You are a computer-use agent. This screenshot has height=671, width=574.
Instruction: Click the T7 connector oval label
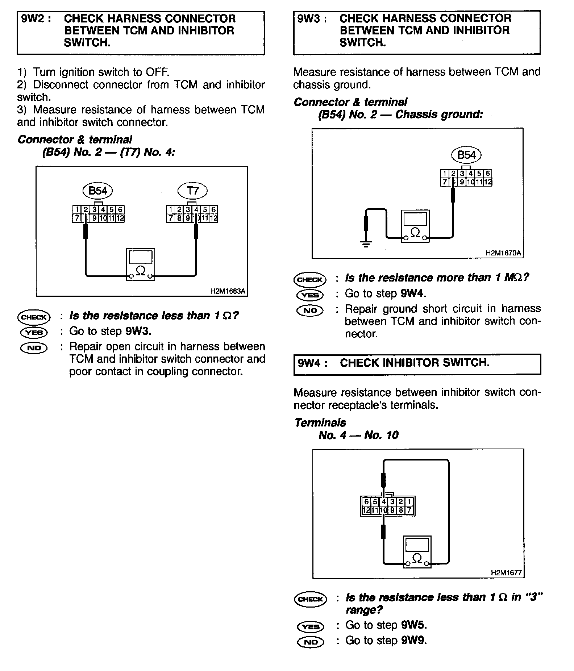[193, 191]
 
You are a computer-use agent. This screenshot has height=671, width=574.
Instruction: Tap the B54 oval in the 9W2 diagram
[98, 191]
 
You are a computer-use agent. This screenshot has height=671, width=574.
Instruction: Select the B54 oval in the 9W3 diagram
[466, 155]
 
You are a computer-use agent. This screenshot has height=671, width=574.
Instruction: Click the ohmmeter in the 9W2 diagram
[141, 264]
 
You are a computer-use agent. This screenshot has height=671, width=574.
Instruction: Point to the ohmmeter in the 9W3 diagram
[415, 226]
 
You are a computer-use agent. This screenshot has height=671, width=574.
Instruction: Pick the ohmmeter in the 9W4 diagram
[417, 552]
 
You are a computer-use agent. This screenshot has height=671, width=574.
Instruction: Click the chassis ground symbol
[366, 243]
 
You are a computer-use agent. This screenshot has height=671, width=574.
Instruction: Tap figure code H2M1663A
[228, 291]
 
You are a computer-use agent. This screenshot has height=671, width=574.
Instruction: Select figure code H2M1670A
[503, 253]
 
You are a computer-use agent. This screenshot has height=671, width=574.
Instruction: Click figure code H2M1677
[506, 573]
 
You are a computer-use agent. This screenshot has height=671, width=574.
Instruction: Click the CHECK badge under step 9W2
[34, 317]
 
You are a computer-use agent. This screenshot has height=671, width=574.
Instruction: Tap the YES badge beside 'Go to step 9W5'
[311, 626]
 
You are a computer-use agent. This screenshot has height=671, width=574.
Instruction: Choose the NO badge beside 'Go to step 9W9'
[311, 642]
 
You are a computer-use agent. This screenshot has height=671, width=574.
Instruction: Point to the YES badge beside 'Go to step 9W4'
[310, 295]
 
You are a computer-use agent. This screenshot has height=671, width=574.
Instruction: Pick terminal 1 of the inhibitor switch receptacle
[409, 502]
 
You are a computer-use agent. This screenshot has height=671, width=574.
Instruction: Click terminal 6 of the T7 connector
[213, 209]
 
